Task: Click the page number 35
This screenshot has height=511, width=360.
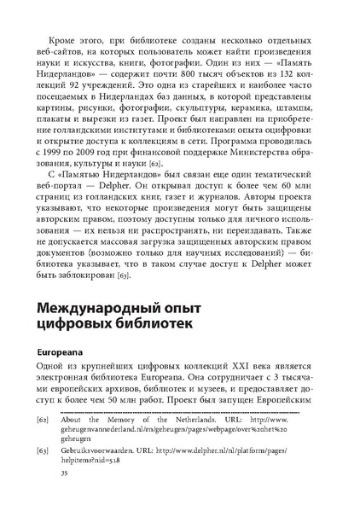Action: (x=59, y=495)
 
